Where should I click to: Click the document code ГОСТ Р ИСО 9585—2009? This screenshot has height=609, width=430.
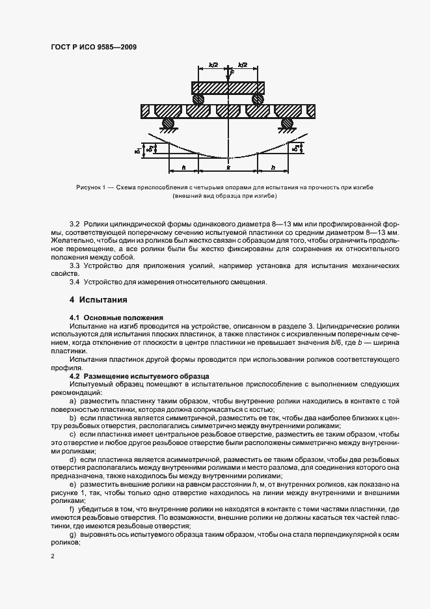pos(94,47)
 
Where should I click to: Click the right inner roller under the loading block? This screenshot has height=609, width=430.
pos(258,100)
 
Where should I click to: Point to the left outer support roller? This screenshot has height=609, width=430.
pos(168,123)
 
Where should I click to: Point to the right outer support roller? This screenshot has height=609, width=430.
pos(286,123)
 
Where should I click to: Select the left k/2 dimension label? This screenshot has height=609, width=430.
pos(213,66)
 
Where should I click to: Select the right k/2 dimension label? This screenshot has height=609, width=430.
pos(243,66)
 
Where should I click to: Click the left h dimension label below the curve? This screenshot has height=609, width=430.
pos(185,167)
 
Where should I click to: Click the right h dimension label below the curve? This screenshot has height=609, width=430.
pos(272,167)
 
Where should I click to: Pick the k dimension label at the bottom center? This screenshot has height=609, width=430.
pos(228,167)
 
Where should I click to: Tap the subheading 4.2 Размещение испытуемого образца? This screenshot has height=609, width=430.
pos(138,376)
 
